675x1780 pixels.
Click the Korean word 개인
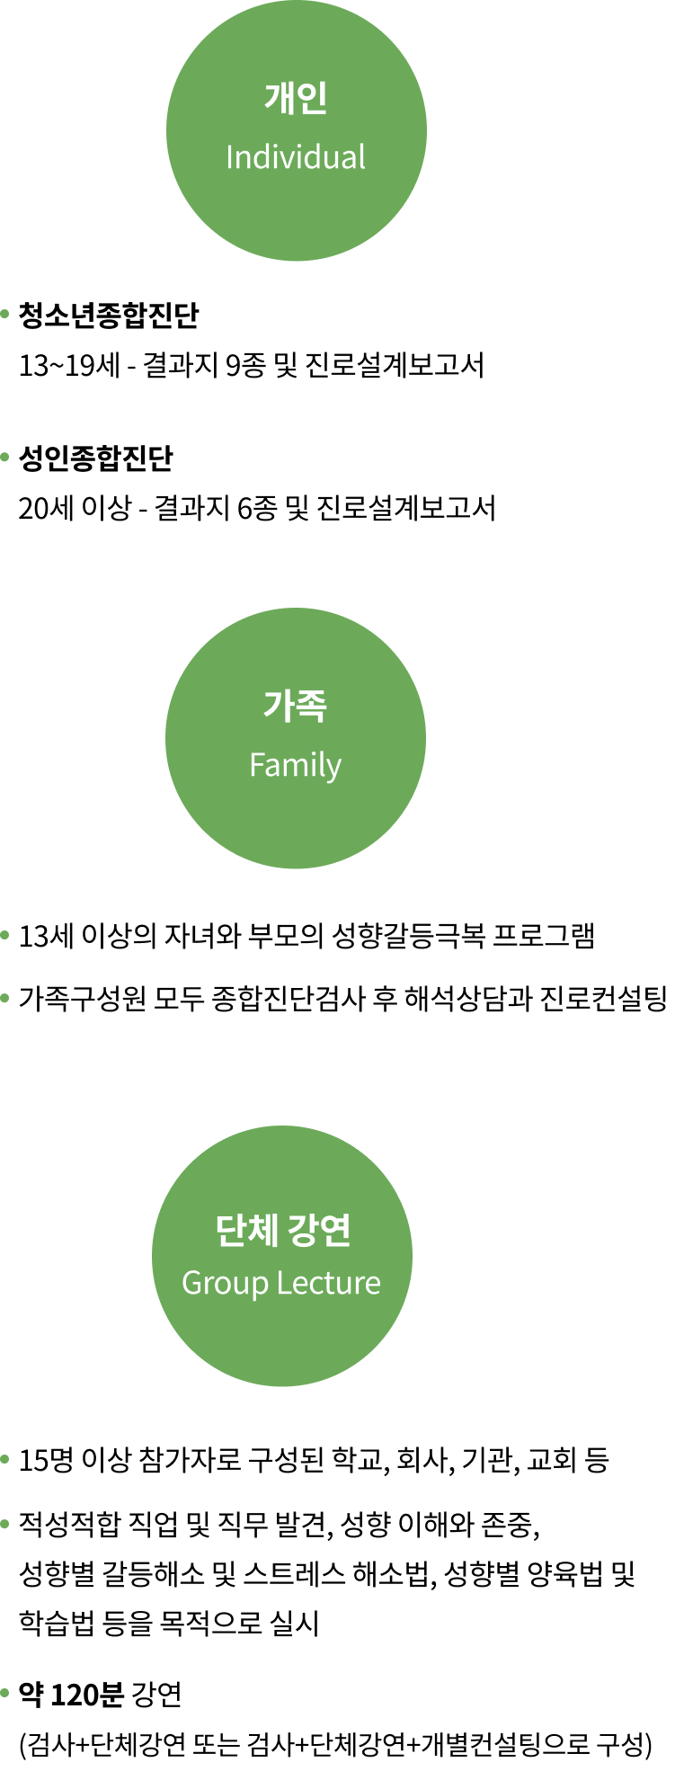(296, 98)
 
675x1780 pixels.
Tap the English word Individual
(296, 157)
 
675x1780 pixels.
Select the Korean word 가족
(295, 706)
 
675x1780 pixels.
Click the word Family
(295, 765)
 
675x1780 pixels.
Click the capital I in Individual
(229, 157)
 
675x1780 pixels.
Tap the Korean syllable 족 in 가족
(311, 706)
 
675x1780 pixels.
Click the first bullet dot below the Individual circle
(4, 314)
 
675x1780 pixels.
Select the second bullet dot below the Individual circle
(4, 457)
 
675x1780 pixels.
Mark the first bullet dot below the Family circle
(4, 935)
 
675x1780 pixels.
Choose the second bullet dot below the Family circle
(4, 998)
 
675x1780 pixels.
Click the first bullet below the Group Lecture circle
(4, 1459)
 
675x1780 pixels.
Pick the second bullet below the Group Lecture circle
(4, 1524)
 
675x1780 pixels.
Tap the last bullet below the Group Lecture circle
(4, 1693)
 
